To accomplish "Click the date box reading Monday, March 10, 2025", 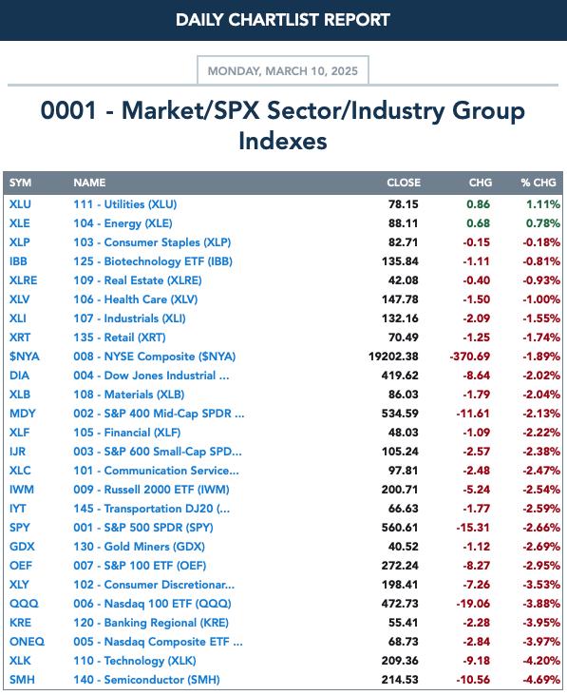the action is pyautogui.click(x=283, y=70).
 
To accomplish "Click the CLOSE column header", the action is pyautogui.click(x=404, y=183).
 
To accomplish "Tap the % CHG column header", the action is pyautogui.click(x=539, y=183).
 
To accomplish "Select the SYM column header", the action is pyautogui.click(x=20, y=183).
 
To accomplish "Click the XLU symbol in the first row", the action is pyautogui.click(x=20, y=204).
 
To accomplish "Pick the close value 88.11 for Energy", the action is pyautogui.click(x=404, y=223).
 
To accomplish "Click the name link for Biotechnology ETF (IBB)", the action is pyautogui.click(x=153, y=261).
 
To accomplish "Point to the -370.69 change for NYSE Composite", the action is pyautogui.click(x=470, y=357).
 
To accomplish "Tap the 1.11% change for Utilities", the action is pyautogui.click(x=543, y=204).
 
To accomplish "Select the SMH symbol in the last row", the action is pyautogui.click(x=22, y=680).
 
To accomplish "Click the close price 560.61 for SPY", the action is pyautogui.click(x=400, y=528).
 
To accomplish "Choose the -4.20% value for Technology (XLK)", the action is pyautogui.click(x=541, y=661).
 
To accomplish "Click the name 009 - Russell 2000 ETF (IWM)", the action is pyautogui.click(x=151, y=490).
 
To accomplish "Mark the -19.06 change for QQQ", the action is pyautogui.click(x=473, y=603).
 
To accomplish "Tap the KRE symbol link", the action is pyautogui.click(x=20, y=623).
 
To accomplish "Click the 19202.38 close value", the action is pyautogui.click(x=393, y=357).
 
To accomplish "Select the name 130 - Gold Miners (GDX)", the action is pyautogui.click(x=139, y=547).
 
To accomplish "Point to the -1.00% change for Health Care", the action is pyautogui.click(x=541, y=299).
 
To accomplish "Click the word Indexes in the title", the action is pyautogui.click(x=283, y=141).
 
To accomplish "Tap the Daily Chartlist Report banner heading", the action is pyautogui.click(x=283, y=20).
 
